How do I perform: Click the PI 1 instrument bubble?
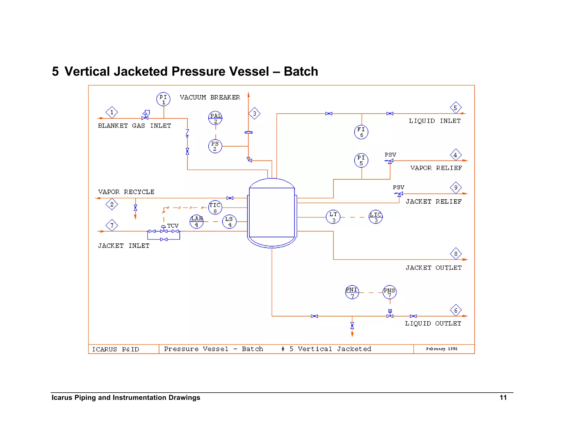pyautogui.click(x=163, y=99)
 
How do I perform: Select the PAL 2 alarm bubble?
pyautogui.click(x=215, y=118)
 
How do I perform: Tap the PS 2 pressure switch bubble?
pyautogui.click(x=215, y=146)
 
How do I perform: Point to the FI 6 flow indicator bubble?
pyautogui.click(x=361, y=132)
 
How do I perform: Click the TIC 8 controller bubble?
pyautogui.click(x=215, y=208)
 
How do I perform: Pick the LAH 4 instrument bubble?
pyautogui.click(x=197, y=221)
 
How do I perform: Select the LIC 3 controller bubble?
pyautogui.click(x=376, y=217)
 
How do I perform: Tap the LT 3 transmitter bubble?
pyautogui.click(x=333, y=217)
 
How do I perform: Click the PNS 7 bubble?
pyautogui.click(x=390, y=292)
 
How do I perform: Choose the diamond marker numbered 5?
pyautogui.click(x=456, y=108)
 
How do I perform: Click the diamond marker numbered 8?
pyautogui.click(x=456, y=254)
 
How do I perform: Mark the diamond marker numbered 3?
pyautogui.click(x=255, y=113)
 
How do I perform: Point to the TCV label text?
pyautogui.click(x=173, y=225)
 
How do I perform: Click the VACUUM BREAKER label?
pyautogui.click(x=210, y=97)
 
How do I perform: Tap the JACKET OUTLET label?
pyautogui.click(x=434, y=268)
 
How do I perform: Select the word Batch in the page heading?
pyautogui.click(x=301, y=71)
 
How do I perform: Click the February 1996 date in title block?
pyautogui.click(x=441, y=349)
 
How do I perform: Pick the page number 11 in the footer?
pyautogui.click(x=503, y=398)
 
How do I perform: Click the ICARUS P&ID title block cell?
pyautogui.click(x=115, y=349)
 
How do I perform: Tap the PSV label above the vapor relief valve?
pyautogui.click(x=390, y=155)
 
